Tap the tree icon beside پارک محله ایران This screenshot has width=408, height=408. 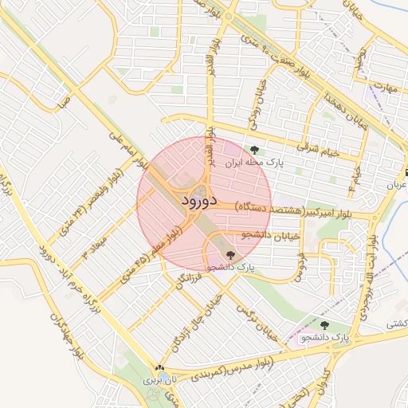tap(254, 150)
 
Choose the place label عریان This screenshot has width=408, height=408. tap(397, 185)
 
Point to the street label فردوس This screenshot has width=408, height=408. tap(302, 266)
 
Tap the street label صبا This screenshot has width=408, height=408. tap(64, 100)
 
